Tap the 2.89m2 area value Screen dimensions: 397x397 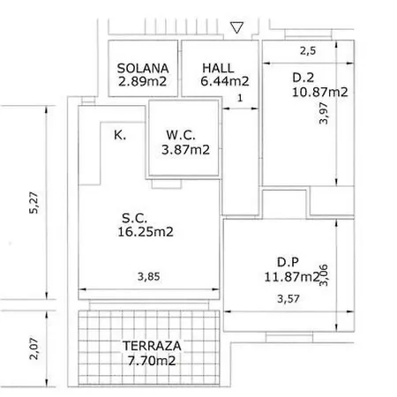point(142,84)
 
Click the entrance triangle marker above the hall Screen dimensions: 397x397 point(235,29)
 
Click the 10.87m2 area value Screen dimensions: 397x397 point(320,92)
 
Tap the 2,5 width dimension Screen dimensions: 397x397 point(306,50)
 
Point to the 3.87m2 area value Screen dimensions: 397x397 point(185,150)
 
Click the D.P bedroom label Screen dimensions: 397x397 point(288,261)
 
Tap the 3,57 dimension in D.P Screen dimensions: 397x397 point(287,300)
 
